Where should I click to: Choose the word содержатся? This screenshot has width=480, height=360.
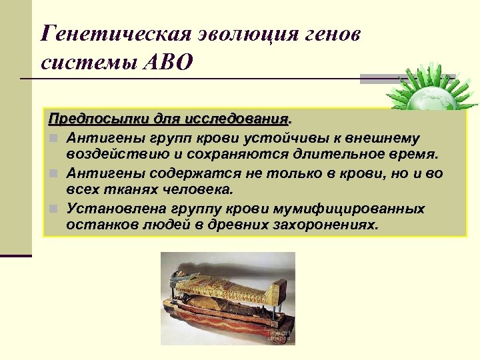pos(175,173)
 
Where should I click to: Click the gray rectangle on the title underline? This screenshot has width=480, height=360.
pos(379,79)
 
